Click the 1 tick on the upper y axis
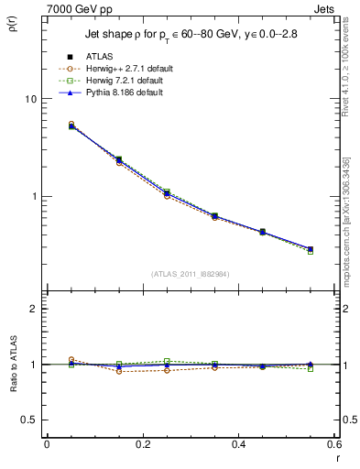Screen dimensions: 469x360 36,196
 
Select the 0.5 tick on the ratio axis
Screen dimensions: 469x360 31,420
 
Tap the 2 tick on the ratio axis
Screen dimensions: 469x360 36,309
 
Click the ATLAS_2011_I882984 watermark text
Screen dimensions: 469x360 191,274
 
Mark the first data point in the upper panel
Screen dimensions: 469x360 71,125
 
